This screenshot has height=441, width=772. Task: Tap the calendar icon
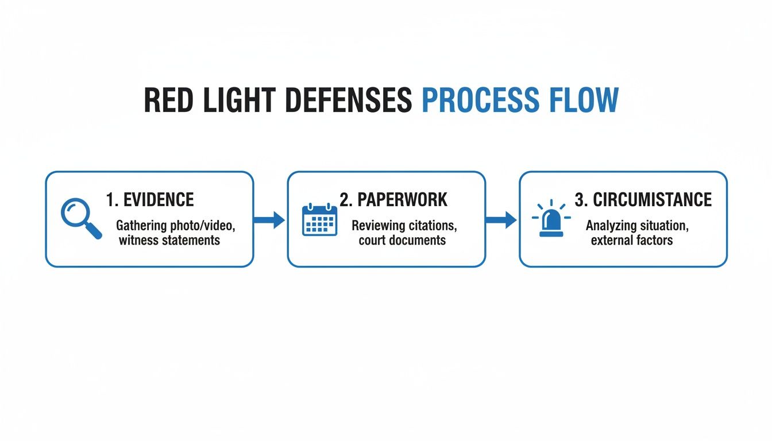(320, 219)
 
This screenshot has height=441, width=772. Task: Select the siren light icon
(551, 219)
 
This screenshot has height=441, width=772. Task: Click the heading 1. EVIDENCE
(150, 200)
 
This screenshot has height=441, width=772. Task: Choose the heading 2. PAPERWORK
(393, 200)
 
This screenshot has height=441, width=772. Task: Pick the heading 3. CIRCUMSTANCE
(643, 200)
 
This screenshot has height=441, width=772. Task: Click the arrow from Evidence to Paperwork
(269, 219)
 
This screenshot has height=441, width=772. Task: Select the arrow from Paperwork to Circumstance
(501, 219)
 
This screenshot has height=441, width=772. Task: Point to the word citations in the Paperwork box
(433, 226)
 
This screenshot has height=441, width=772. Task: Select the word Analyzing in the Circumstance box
(611, 226)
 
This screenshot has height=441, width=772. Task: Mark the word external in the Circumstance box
(611, 240)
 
